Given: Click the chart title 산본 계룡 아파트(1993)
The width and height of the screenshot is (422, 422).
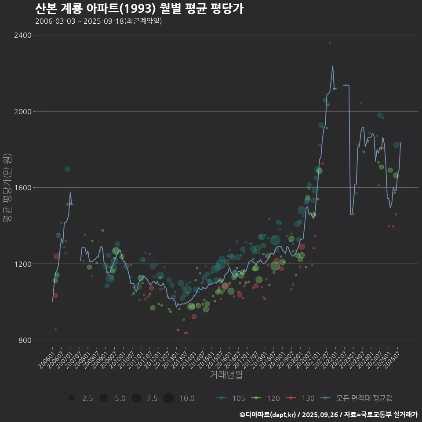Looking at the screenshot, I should tap(139, 9).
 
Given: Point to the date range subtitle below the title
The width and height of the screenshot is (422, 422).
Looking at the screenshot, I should tap(98, 21).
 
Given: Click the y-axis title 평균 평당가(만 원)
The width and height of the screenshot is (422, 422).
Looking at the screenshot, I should tap(7, 189).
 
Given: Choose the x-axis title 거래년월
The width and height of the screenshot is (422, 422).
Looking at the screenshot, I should tap(226, 375).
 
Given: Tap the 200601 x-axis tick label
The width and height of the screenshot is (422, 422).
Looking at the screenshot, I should tap(47, 357).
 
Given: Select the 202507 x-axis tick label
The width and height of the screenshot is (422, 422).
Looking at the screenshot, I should tap(392, 357).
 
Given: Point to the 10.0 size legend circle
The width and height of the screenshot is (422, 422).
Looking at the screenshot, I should tap(169, 398).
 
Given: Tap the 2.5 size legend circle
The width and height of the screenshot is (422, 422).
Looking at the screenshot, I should tap(71, 398).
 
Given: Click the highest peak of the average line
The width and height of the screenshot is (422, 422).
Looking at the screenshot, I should tap(333, 66).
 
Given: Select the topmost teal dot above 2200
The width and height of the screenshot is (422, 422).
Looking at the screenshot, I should tap(330, 43).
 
